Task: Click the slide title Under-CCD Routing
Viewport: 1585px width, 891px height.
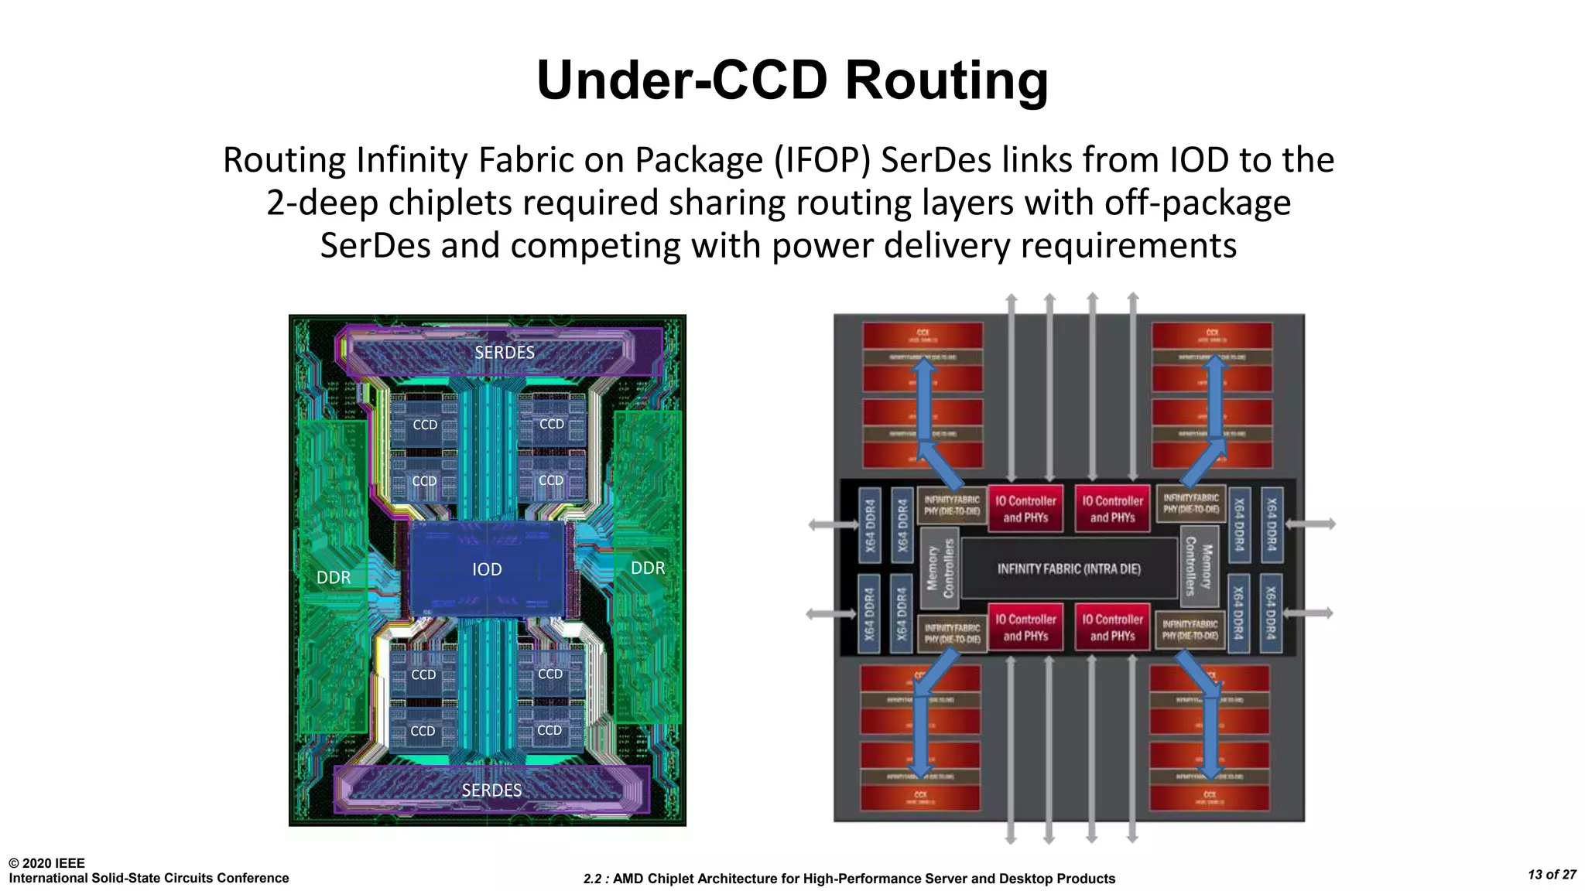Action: tap(792, 80)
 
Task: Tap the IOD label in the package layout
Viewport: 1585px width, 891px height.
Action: tap(487, 570)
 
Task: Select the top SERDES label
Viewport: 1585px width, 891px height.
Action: tap(505, 353)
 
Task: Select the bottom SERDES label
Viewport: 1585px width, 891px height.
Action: tap(491, 790)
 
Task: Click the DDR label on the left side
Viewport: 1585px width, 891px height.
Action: tap(334, 578)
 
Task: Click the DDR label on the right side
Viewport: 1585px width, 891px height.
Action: tap(648, 568)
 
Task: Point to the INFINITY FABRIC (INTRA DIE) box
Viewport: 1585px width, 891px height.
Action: tap(1069, 569)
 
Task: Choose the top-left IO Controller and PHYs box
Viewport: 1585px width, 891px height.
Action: tap(1025, 509)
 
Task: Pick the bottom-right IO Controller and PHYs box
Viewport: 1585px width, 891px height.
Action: tap(1112, 627)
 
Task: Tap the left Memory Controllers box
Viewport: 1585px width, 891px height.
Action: tap(940, 568)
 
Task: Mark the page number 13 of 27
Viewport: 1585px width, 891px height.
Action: tap(1552, 875)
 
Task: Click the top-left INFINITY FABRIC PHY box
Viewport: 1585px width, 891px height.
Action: tap(951, 505)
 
